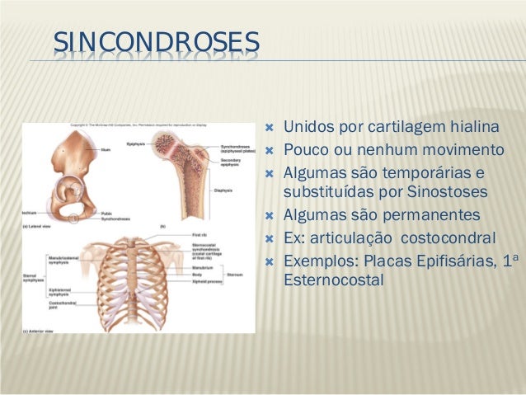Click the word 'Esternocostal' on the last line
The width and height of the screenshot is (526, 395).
tap(333, 280)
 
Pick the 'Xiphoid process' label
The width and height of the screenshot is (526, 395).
tap(202, 280)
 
